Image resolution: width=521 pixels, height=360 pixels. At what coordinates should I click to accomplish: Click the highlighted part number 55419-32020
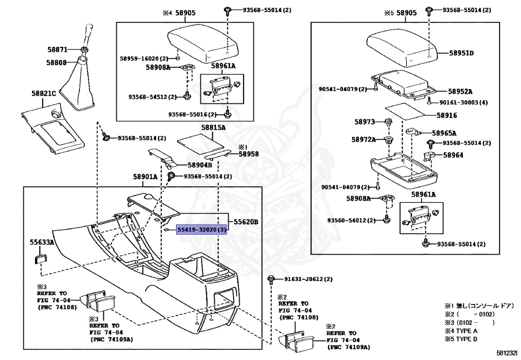pyautogui.click(x=198, y=230)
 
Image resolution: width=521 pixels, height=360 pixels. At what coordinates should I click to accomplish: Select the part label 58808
pyautogui.click(x=56, y=63)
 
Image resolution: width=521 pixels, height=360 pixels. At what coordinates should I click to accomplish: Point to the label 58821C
pyautogui.click(x=44, y=93)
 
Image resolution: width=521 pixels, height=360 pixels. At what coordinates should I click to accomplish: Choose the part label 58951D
pyautogui.click(x=461, y=53)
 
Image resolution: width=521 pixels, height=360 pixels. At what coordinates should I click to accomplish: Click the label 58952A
pyautogui.click(x=460, y=92)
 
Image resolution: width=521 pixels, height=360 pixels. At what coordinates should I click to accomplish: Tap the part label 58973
pyautogui.click(x=364, y=122)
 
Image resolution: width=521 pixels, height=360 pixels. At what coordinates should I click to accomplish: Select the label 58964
pyautogui.click(x=453, y=155)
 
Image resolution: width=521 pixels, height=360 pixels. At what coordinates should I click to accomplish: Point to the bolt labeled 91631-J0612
pyautogui.click(x=271, y=280)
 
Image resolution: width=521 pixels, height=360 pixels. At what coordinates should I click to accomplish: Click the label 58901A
pyautogui.click(x=145, y=177)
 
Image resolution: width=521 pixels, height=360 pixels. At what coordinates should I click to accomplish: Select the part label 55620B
pyautogui.click(x=246, y=222)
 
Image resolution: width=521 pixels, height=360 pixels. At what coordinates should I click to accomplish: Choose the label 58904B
pyautogui.click(x=199, y=165)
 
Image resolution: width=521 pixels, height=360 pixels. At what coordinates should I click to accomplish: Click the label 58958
pyautogui.click(x=248, y=154)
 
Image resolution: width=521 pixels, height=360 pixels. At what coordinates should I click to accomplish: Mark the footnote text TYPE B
pyautogui.click(x=467, y=339)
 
